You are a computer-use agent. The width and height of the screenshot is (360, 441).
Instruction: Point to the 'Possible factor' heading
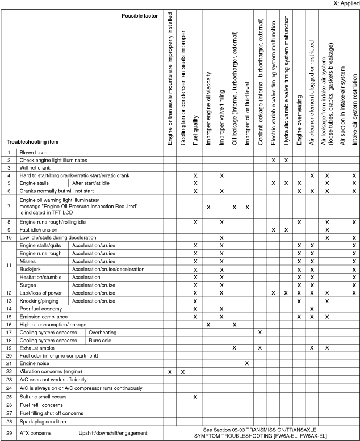(x=140, y=15)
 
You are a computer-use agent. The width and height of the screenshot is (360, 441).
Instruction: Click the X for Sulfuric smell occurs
(x=195, y=396)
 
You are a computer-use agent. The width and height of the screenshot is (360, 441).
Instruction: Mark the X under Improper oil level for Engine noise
(x=247, y=363)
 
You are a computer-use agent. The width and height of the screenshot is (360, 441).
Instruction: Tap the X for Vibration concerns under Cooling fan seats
(x=182, y=371)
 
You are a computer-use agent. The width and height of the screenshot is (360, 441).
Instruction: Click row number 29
(x=9, y=433)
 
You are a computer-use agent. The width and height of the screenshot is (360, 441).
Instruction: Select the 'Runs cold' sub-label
(x=101, y=340)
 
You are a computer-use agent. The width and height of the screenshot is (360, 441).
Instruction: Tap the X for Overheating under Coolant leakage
(x=260, y=332)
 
